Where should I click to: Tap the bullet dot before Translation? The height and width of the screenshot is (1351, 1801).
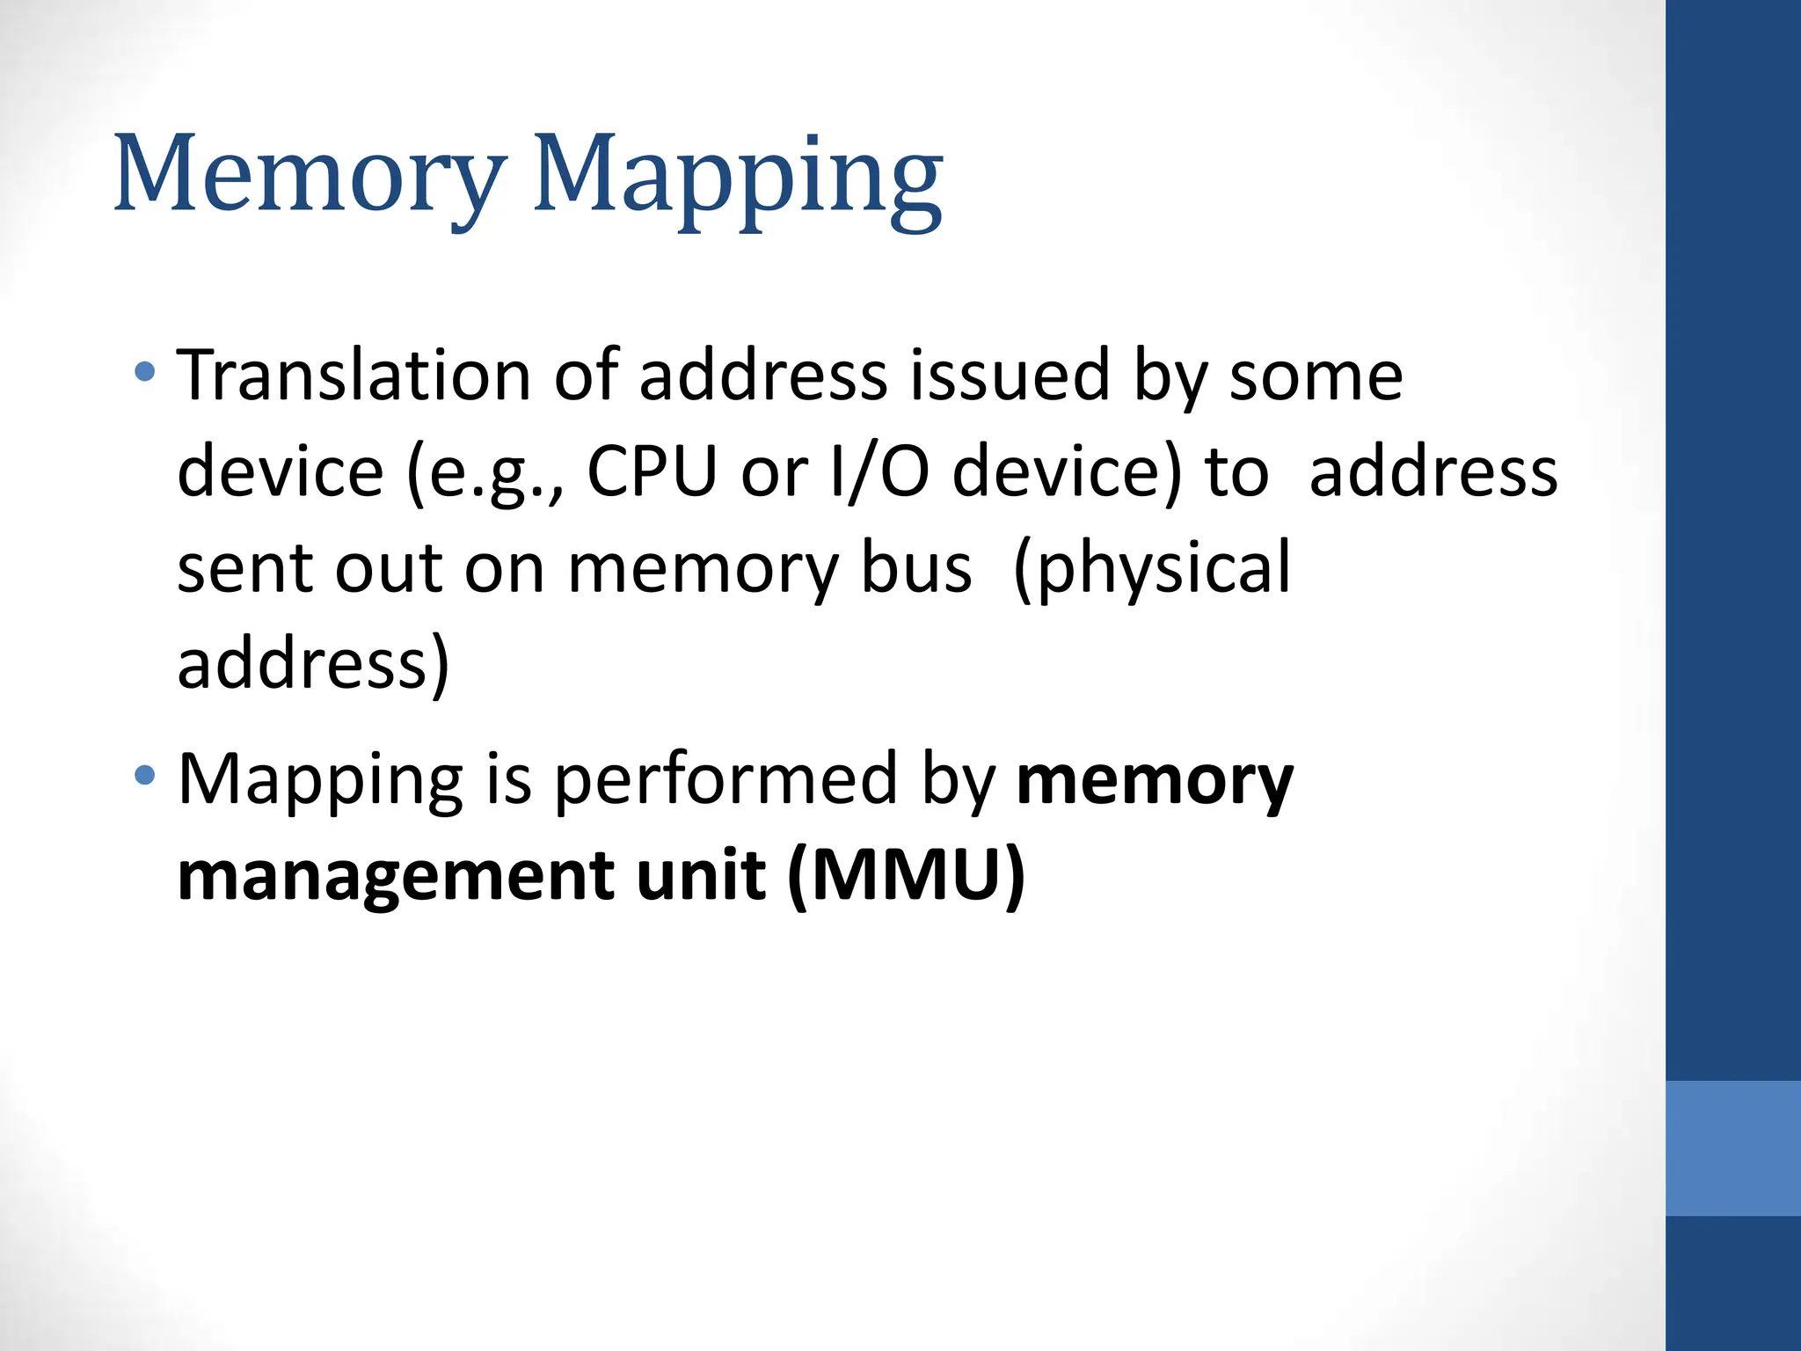click(145, 372)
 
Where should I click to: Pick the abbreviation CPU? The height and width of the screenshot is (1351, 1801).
click(652, 472)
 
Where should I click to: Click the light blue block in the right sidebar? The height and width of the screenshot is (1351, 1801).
click(1732, 1148)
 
